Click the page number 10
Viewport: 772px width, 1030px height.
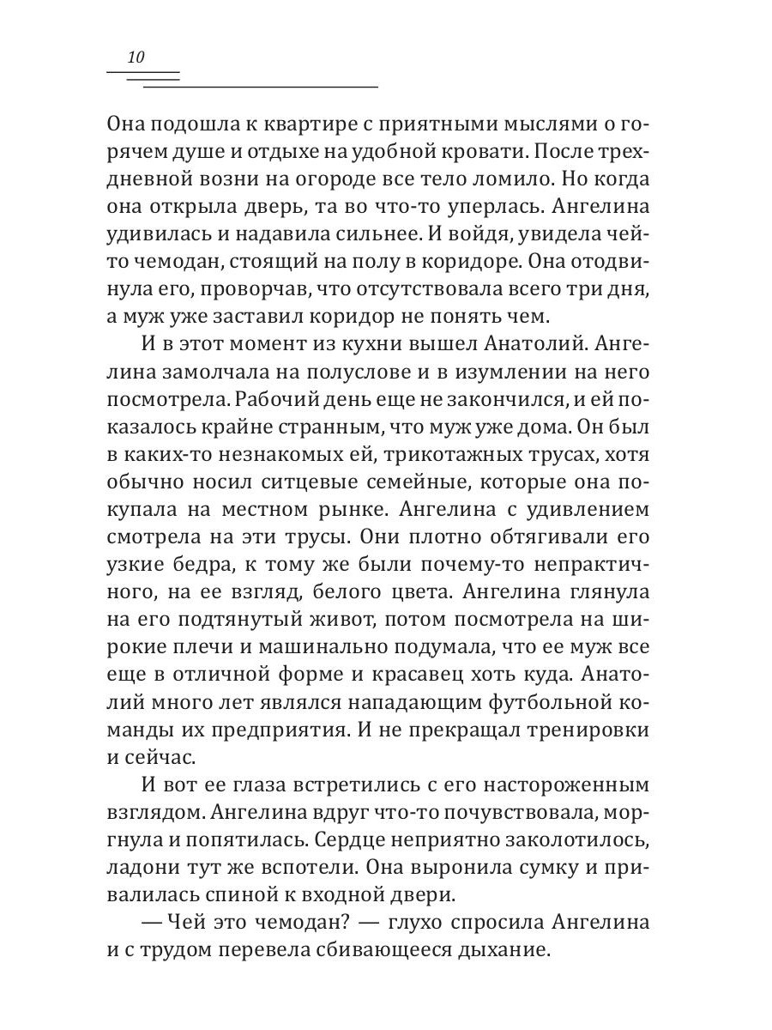coord(136,58)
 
